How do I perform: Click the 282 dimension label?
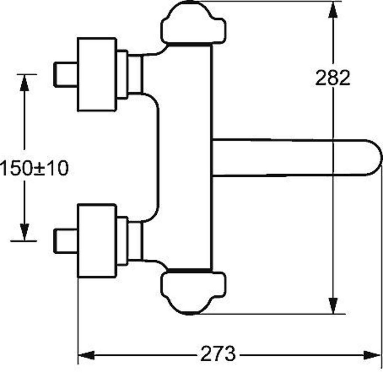(333, 78)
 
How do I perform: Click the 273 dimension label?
(218, 353)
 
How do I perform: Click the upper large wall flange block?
(97, 74)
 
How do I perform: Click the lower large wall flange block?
(97, 241)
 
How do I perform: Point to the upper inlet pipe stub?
(65, 74)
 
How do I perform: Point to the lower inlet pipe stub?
(65, 241)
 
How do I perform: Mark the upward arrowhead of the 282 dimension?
(333, 10)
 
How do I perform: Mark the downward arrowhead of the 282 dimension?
(333, 305)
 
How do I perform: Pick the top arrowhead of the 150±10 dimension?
(24, 83)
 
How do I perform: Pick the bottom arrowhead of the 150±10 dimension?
(24, 232)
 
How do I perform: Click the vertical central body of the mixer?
(188, 157)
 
